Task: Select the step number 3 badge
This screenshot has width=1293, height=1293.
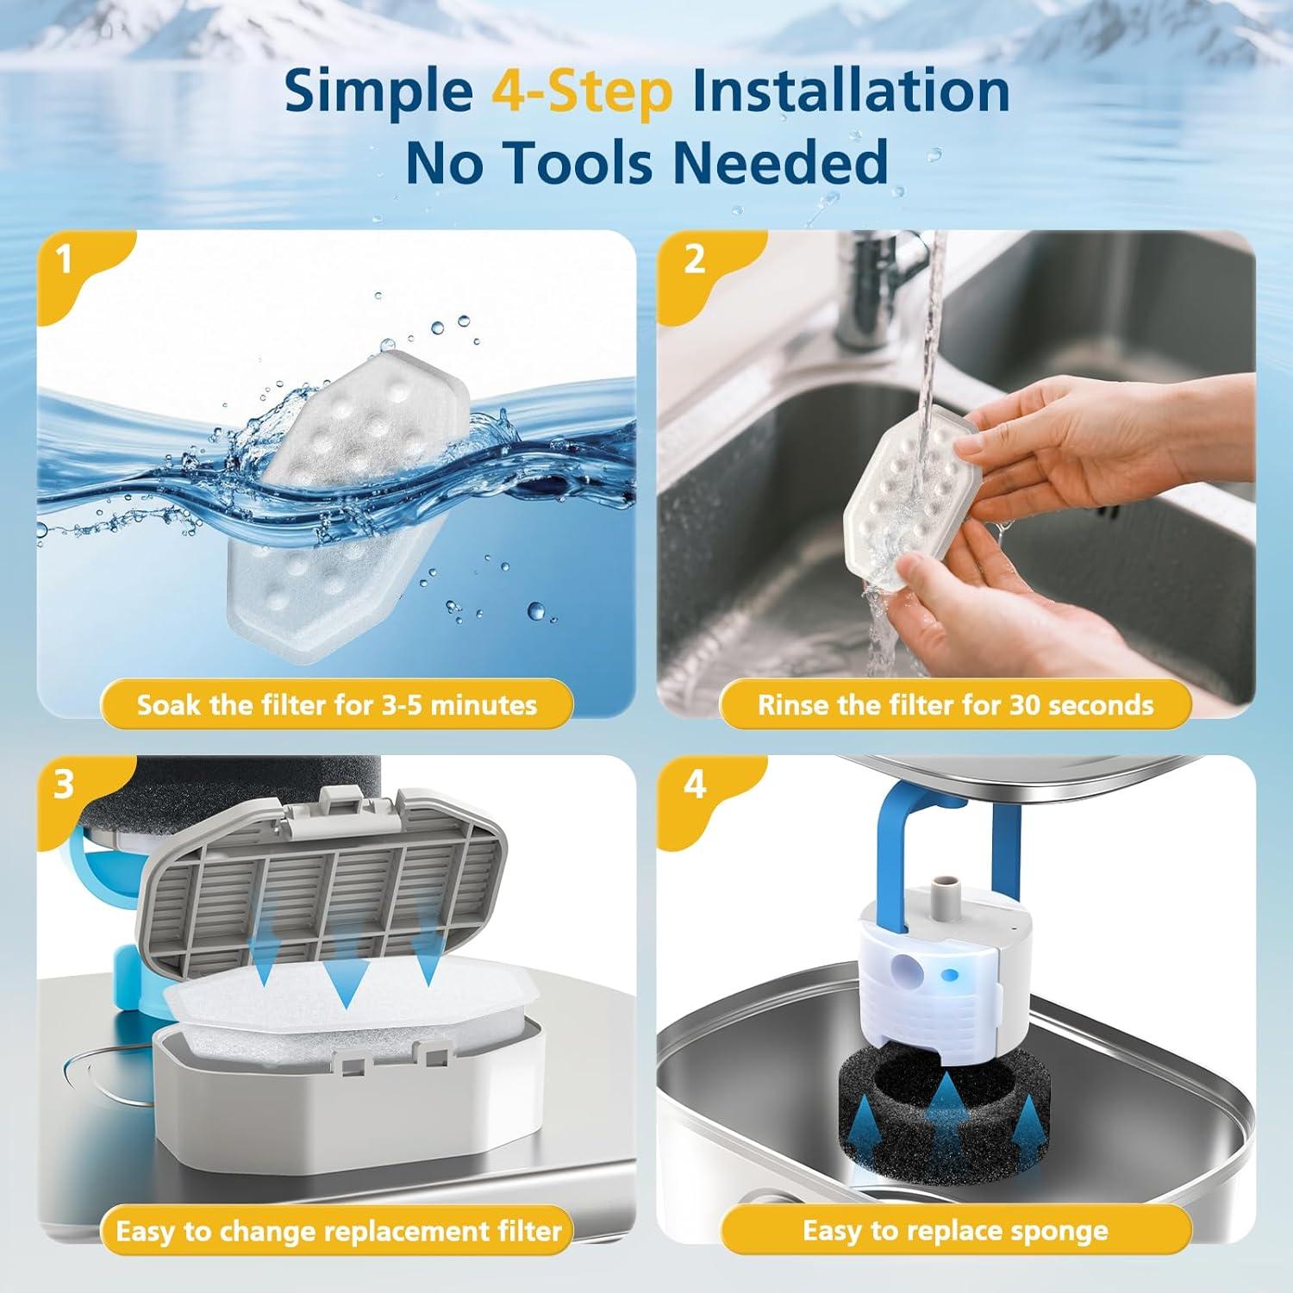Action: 64,785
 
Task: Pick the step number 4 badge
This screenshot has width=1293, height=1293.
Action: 695,785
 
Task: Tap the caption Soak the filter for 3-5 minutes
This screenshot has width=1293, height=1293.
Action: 337,705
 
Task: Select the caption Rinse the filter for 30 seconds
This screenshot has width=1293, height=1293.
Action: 955,705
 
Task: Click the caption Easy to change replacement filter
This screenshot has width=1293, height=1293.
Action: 339,1231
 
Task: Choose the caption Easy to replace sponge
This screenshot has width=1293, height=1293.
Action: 955,1231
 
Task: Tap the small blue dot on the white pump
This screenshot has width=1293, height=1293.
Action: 951,975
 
